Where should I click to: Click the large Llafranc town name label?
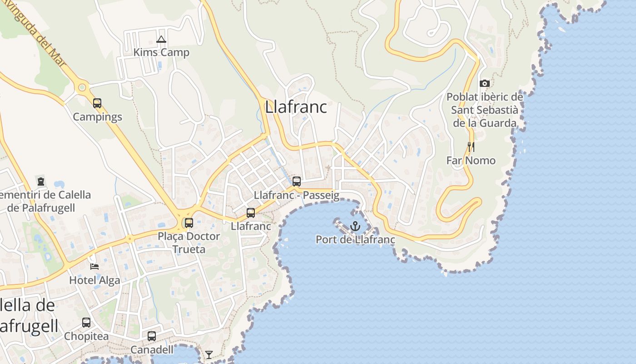pyautogui.click(x=296, y=107)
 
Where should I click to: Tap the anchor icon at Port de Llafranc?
pyautogui.click(x=355, y=226)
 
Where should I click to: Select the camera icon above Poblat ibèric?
pyautogui.click(x=485, y=83)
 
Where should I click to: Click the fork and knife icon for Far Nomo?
pyautogui.click(x=471, y=147)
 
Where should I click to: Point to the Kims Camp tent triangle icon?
pyautogui.click(x=161, y=40)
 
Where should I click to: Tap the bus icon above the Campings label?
pyautogui.click(x=97, y=103)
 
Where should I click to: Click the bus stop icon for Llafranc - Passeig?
pyautogui.click(x=297, y=182)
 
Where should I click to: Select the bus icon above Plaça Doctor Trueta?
pyautogui.click(x=189, y=223)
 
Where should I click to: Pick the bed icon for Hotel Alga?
pyautogui.click(x=94, y=266)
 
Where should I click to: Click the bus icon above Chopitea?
pyautogui.click(x=86, y=323)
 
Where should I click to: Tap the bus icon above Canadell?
pyautogui.click(x=152, y=336)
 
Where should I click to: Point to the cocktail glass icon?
pyautogui.click(x=209, y=354)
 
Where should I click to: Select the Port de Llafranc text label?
pyautogui.click(x=355, y=240)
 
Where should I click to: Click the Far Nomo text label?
pyautogui.click(x=471, y=161)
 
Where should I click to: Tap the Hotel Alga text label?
pyautogui.click(x=94, y=280)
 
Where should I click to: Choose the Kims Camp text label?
pyautogui.click(x=161, y=53)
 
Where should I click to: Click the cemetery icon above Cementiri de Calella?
pyautogui.click(x=41, y=182)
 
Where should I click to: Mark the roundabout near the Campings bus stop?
pyautogui.click(x=82, y=87)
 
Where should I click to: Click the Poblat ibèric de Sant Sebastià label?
pyautogui.click(x=485, y=110)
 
